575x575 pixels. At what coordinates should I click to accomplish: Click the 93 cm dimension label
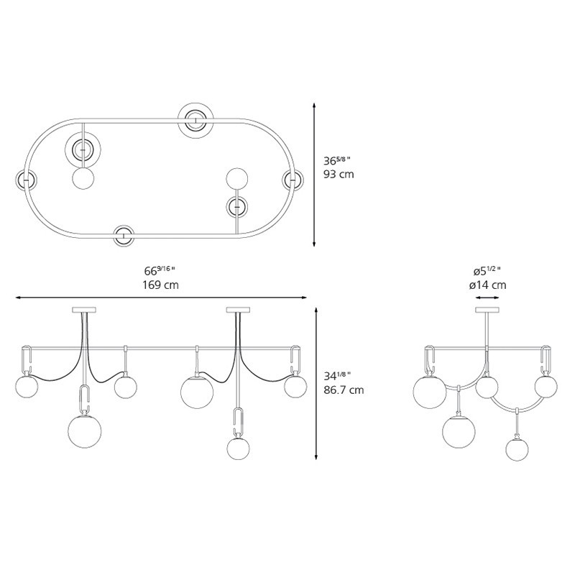339,175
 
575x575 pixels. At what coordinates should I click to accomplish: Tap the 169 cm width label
161,285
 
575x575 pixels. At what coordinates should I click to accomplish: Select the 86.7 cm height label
344,390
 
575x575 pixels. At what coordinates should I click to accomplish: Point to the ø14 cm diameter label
488,285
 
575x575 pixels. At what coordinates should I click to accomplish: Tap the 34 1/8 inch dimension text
342,376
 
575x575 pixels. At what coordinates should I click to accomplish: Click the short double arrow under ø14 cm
488,295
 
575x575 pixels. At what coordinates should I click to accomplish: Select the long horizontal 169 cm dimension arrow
161,296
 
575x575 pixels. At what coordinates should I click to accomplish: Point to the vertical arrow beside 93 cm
315,175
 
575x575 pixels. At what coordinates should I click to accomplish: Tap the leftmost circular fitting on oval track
26,179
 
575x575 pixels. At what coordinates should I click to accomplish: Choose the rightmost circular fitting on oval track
293,180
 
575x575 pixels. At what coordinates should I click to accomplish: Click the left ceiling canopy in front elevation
84,310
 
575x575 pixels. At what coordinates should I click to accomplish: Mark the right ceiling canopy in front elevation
238,310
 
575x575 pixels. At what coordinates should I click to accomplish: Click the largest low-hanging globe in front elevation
84,431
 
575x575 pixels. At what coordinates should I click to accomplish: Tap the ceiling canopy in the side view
488,310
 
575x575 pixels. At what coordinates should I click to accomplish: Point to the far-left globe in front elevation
26,388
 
